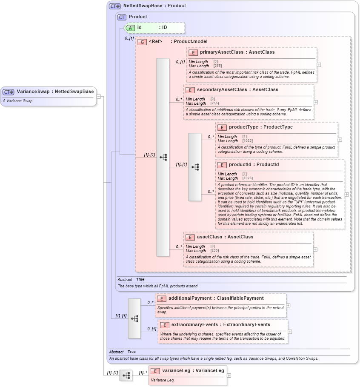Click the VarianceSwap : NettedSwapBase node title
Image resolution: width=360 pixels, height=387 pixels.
point(55,92)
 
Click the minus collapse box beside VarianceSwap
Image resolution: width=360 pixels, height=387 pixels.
point(98,96)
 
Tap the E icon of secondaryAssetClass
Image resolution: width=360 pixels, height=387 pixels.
point(190,90)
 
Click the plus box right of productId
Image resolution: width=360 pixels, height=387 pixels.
point(346,194)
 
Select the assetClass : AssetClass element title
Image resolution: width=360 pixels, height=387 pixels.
point(225,237)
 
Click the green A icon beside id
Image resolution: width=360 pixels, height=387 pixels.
point(131,28)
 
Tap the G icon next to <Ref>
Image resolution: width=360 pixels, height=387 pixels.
point(142,42)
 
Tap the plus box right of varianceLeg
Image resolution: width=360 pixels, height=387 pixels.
point(229,376)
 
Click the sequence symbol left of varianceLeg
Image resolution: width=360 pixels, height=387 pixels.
point(126,376)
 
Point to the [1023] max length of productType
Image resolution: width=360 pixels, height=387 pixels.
point(247,141)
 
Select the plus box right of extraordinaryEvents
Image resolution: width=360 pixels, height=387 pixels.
point(290,332)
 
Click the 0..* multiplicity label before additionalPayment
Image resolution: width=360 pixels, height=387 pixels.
point(150,303)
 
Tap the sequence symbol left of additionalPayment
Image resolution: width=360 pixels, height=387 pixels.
point(134,318)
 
